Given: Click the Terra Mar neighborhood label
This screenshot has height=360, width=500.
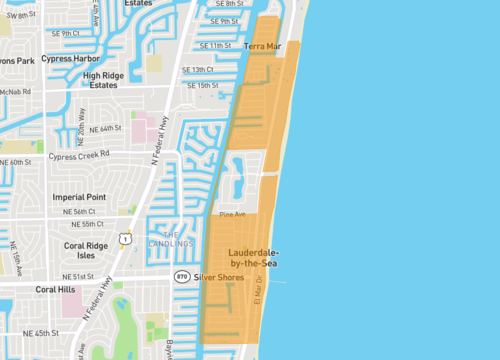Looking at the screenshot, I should [x=263, y=46].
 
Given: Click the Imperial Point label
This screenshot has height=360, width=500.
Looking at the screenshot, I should [x=80, y=197].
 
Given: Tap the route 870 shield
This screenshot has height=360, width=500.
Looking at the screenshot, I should [x=181, y=275].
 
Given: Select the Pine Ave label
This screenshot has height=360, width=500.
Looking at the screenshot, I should [x=232, y=214].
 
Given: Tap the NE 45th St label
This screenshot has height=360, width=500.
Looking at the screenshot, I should [x=41, y=331].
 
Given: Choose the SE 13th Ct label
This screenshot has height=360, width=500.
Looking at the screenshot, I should [x=198, y=70].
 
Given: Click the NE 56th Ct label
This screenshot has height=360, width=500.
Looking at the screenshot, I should [x=78, y=212].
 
